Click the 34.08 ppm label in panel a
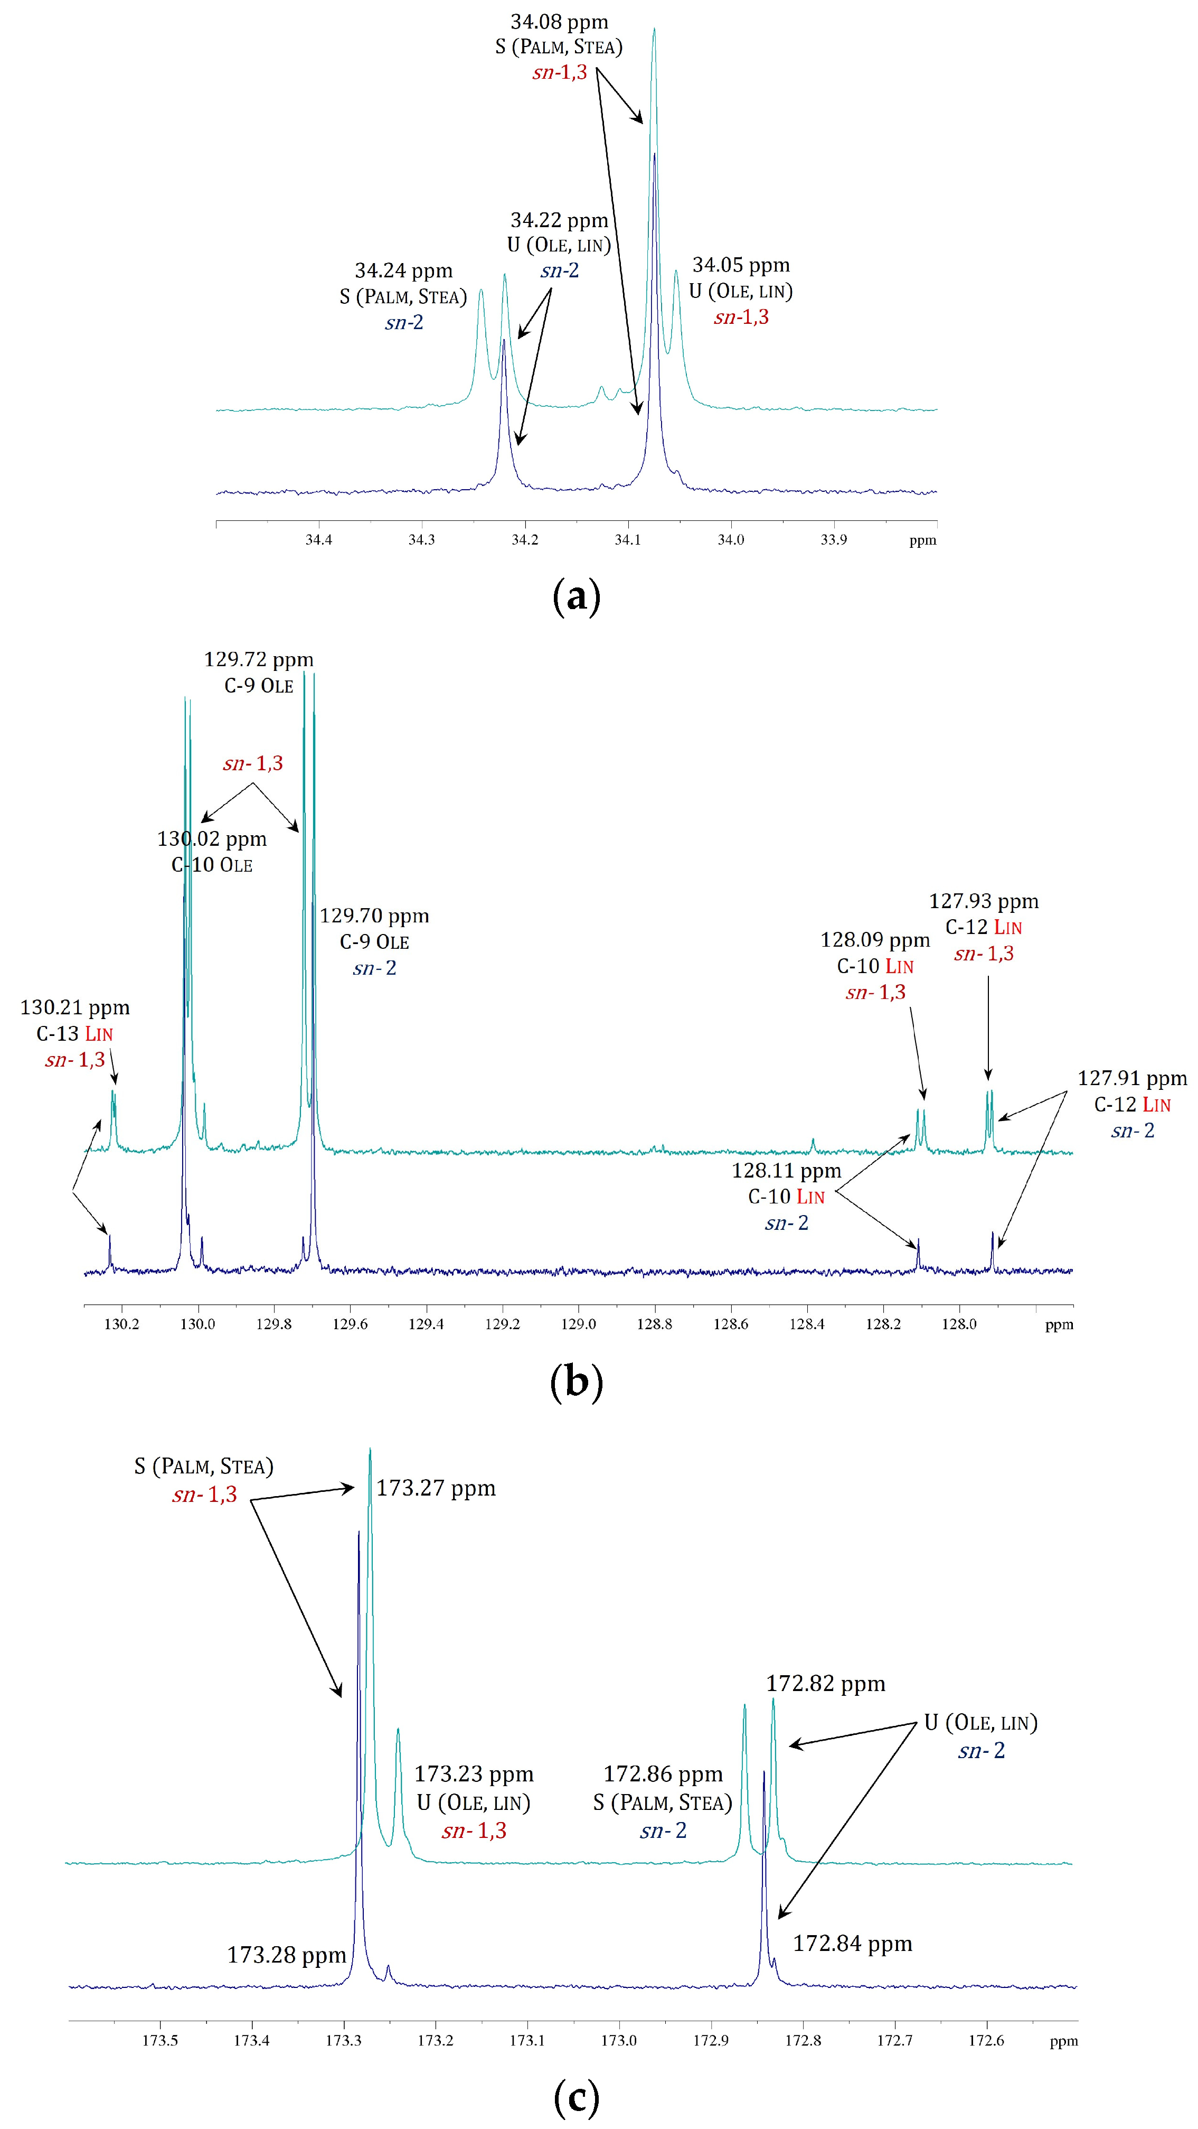[559, 22]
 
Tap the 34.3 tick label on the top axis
[421, 540]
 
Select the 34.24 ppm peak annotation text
[403, 271]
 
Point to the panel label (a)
[576, 596]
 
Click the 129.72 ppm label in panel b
[259, 659]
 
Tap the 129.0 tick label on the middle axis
[578, 1324]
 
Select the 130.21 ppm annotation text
[74, 1007]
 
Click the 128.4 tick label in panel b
[806, 1324]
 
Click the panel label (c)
[576, 2097]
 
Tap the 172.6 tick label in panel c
[986, 2041]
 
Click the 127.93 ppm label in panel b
[983, 902]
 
